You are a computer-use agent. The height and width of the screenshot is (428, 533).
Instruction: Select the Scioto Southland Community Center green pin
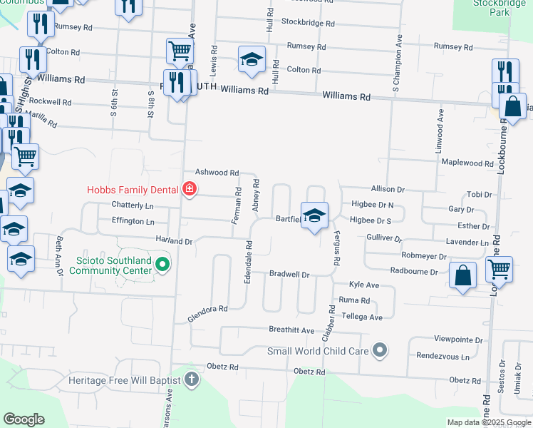162,265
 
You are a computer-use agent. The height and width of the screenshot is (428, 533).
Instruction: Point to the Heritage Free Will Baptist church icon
192,379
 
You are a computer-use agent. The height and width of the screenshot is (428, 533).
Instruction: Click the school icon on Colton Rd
251,61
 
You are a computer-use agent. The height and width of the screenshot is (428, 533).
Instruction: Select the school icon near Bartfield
314,217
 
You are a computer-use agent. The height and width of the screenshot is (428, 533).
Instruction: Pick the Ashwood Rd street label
217,173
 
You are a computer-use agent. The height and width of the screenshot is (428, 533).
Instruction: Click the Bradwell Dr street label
289,274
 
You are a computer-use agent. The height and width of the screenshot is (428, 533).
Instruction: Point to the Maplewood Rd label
467,163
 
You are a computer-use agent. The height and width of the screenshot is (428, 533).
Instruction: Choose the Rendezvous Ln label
443,356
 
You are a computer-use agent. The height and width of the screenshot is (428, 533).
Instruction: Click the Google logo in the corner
23,419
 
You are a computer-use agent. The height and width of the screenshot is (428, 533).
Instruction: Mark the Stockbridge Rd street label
308,23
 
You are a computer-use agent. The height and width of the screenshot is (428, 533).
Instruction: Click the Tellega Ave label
362,316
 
